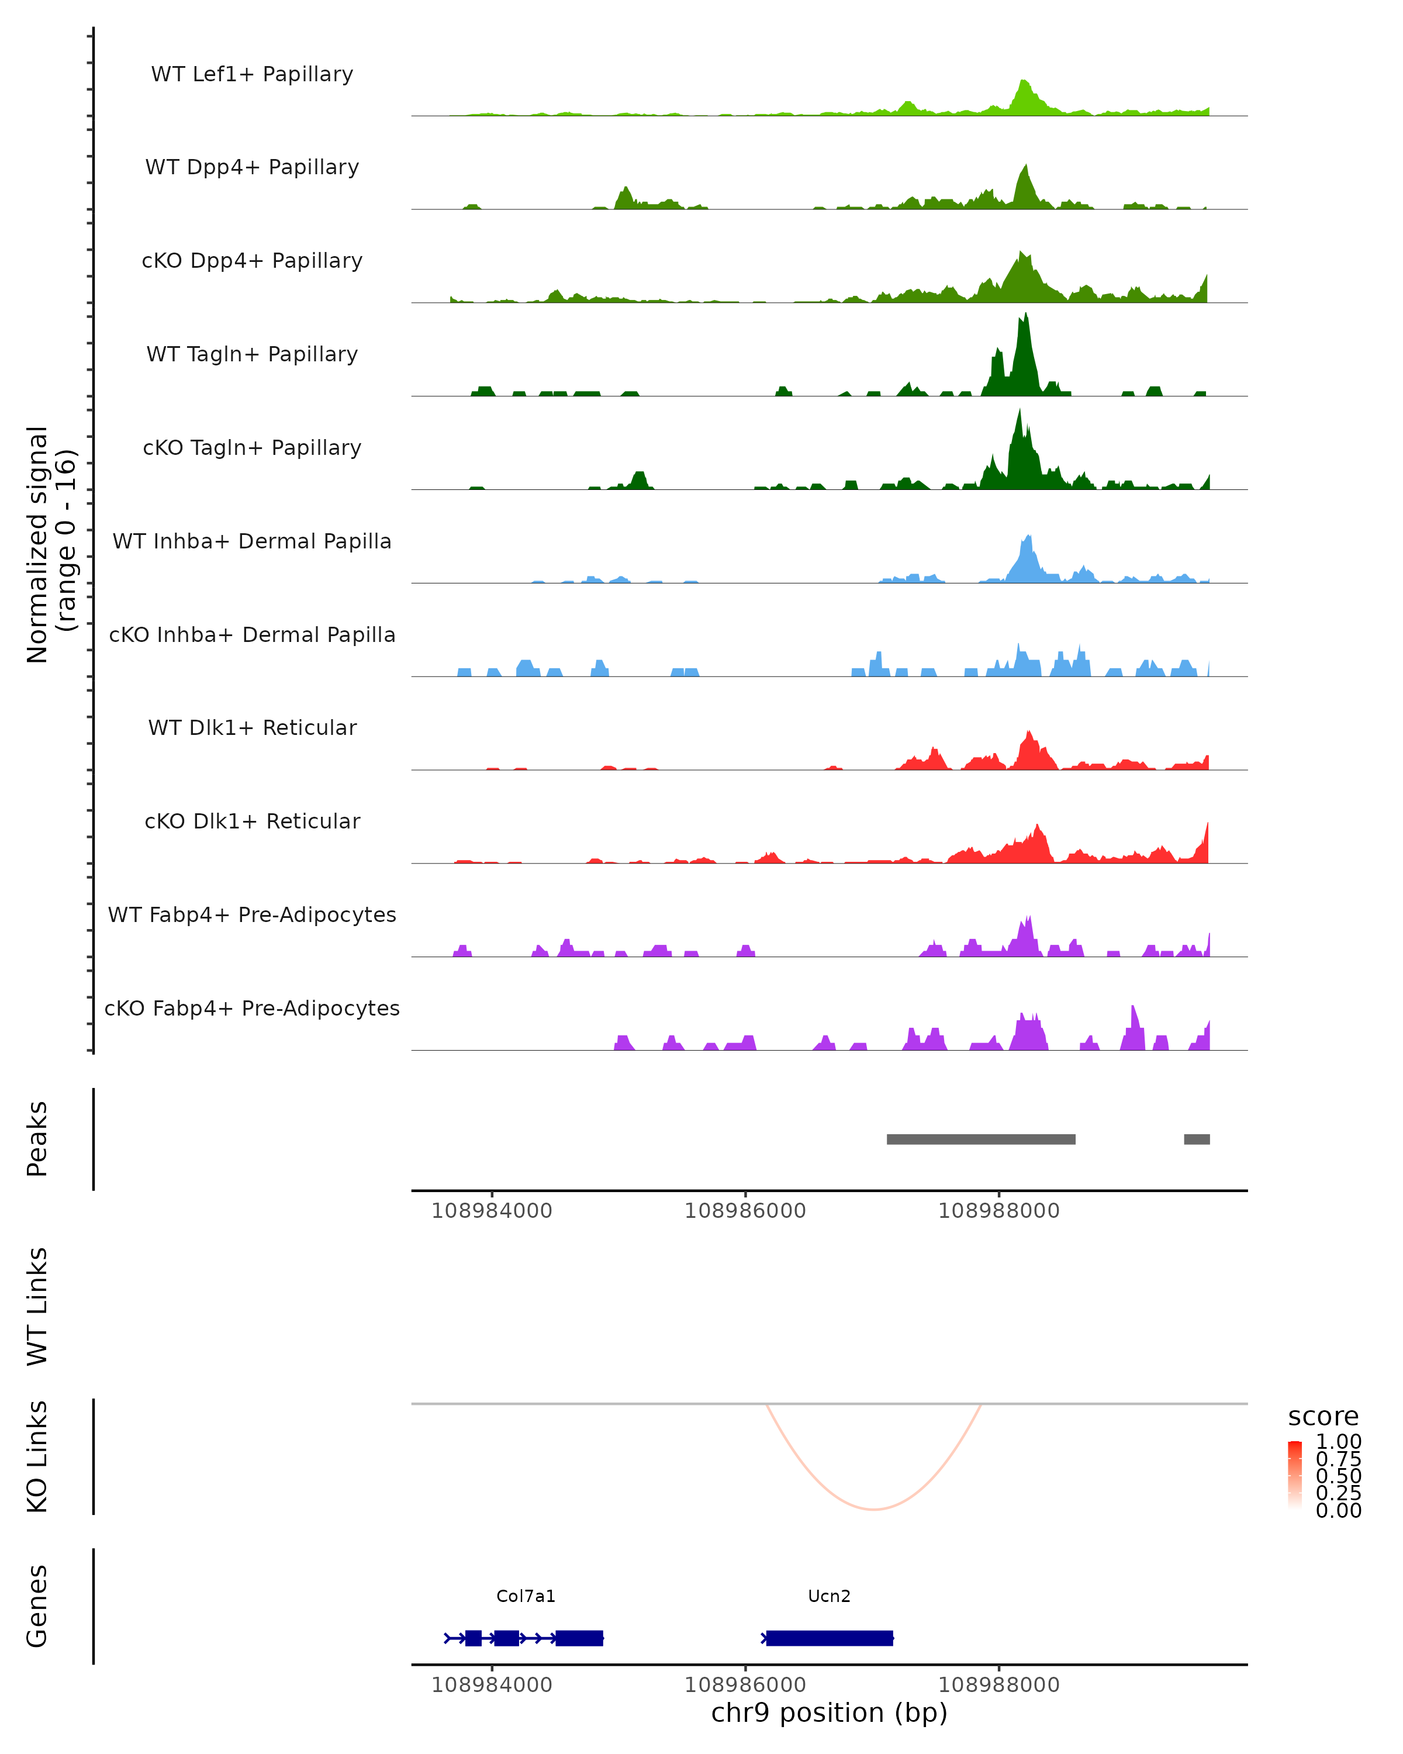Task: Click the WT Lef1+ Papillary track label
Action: pos(252,74)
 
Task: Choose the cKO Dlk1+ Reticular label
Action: pos(252,821)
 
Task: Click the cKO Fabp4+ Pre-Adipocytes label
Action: pos(252,1008)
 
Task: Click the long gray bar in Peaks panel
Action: pos(981,1139)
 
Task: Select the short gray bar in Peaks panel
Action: pos(1197,1139)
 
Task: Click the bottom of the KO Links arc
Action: pos(873,1509)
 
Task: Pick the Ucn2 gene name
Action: pos(829,1596)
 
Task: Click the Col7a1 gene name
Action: pos(526,1596)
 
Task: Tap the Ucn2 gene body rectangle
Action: pos(830,1638)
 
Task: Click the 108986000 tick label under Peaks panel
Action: pos(745,1211)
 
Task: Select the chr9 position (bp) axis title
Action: pos(829,1712)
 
